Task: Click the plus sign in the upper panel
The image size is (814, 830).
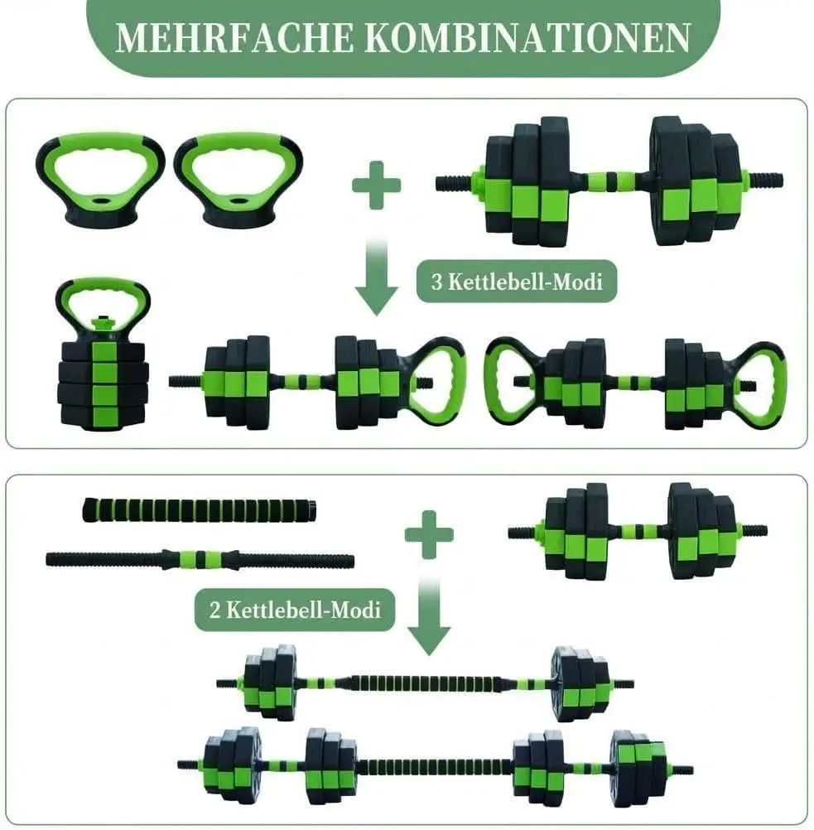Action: pyautogui.click(x=376, y=185)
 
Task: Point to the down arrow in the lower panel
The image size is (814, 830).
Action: pyautogui.click(x=429, y=621)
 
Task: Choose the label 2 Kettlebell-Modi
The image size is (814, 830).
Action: pyautogui.click(x=294, y=610)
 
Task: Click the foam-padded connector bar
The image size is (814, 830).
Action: pyautogui.click(x=200, y=510)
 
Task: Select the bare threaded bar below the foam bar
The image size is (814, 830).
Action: pyautogui.click(x=200, y=559)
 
